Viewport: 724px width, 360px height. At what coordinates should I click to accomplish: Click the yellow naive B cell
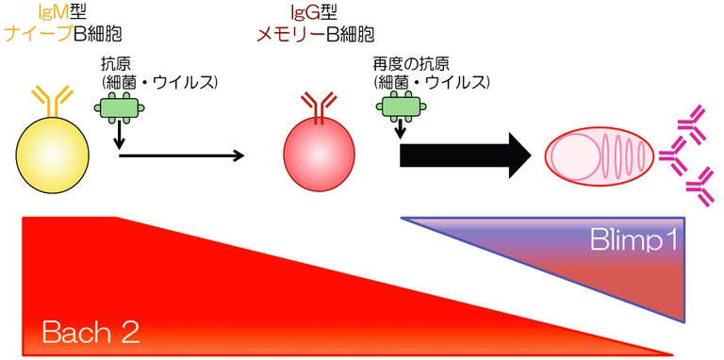(x=54, y=151)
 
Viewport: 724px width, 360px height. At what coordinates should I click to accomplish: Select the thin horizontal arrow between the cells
(x=179, y=155)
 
